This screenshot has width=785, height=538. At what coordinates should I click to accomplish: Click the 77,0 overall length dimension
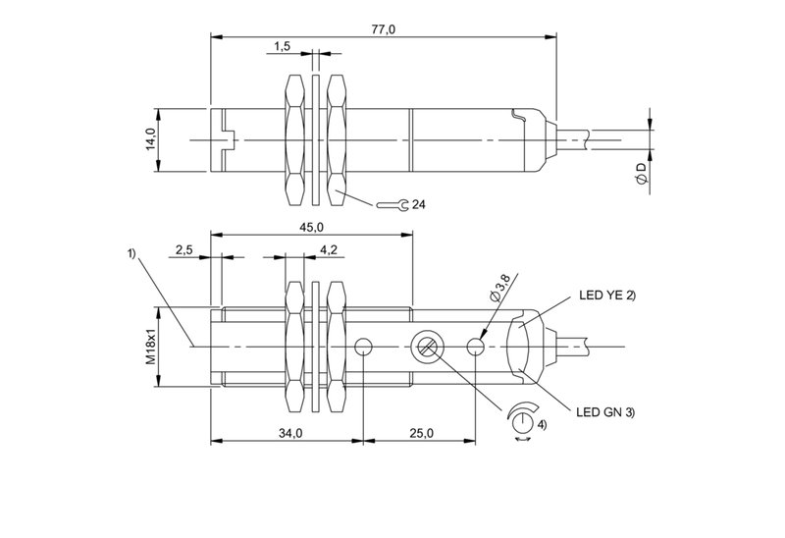click(383, 29)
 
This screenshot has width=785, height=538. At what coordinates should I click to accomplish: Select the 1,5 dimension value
click(282, 46)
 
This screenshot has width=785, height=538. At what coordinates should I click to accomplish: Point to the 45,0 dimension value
click(310, 228)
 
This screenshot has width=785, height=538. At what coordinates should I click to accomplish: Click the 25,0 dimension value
click(420, 433)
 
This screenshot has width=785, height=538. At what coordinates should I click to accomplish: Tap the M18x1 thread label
click(151, 347)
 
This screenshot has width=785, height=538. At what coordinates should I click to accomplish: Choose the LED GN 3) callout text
click(603, 410)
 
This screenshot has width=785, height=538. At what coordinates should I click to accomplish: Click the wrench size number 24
click(419, 204)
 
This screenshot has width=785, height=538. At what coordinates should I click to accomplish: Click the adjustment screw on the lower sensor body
click(426, 346)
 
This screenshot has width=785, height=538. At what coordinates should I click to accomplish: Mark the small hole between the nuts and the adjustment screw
click(365, 346)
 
